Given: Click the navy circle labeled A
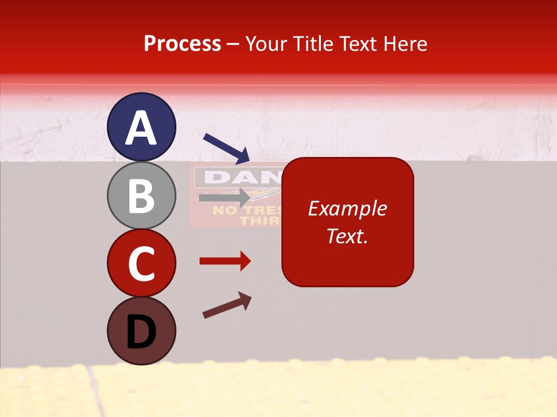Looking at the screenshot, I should [x=142, y=127].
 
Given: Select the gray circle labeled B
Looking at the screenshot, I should [x=142, y=196].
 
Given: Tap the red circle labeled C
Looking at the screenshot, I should [x=142, y=263].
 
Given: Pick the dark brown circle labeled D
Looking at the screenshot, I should [x=142, y=331].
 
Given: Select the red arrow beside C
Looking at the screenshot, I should [x=225, y=261].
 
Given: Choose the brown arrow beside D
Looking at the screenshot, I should [x=227, y=305].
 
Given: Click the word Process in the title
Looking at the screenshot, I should [x=182, y=44].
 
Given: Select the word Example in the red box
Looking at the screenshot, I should [x=348, y=209].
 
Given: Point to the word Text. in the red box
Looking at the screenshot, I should [x=348, y=236].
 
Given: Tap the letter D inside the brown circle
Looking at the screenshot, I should [x=142, y=332].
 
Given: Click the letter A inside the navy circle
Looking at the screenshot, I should [x=142, y=128].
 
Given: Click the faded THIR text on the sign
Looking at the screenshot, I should [x=260, y=221].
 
